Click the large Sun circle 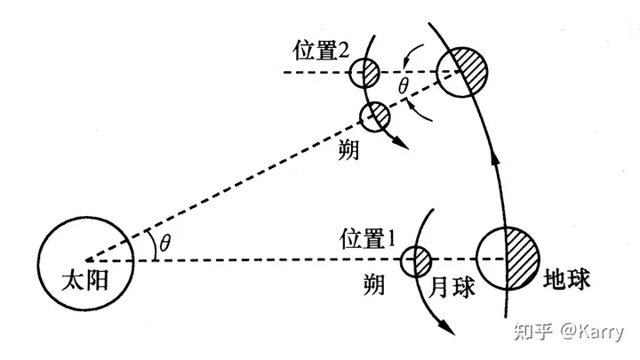click(x=86, y=260)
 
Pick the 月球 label click(x=447, y=288)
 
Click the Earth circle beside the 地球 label click(x=507, y=259)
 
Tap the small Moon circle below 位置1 click(x=415, y=260)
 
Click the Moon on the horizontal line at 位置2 click(x=363, y=71)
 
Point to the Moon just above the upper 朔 click(x=374, y=115)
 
